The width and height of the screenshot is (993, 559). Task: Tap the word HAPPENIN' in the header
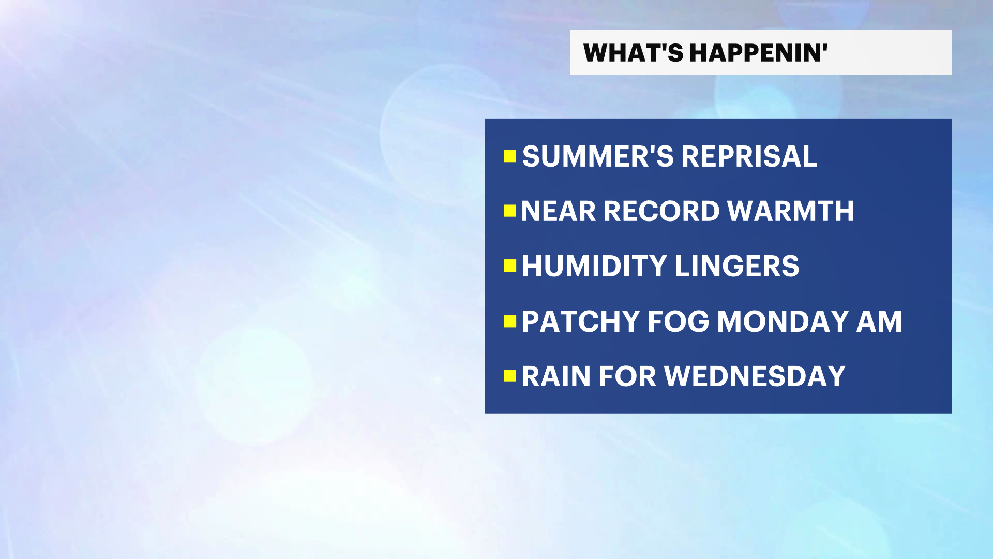759,53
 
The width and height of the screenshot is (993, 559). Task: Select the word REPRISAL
749,156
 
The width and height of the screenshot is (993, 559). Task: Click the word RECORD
661,211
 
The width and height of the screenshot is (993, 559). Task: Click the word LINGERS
737,266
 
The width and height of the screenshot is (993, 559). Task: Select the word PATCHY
581,321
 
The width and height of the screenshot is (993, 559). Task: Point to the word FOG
679,321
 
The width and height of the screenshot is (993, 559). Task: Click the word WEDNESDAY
755,376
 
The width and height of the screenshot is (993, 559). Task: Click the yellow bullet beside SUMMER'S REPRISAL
510,156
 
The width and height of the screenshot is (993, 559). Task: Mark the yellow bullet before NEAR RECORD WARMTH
510,211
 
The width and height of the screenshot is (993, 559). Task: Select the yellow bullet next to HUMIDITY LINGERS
510,266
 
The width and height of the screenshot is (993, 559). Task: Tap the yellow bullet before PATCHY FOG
510,321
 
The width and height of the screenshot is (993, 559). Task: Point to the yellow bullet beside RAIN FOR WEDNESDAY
510,376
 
